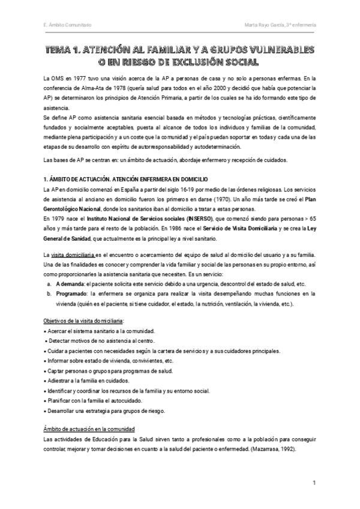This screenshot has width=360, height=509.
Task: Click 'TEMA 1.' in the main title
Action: pos(64,50)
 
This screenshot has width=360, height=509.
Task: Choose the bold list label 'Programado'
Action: pos(71,294)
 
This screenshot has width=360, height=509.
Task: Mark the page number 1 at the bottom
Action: pos(314,483)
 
